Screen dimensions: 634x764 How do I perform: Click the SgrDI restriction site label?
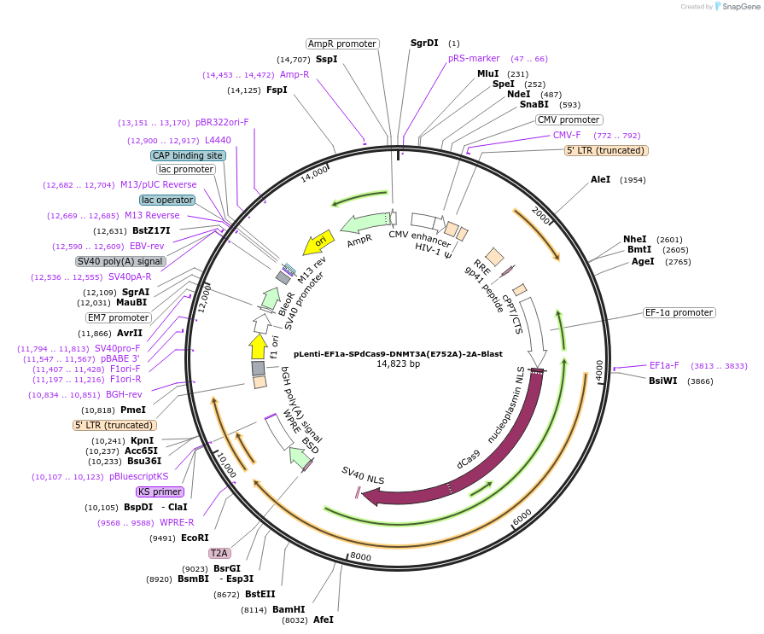tap(424, 43)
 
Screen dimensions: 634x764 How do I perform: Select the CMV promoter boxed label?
tap(569, 119)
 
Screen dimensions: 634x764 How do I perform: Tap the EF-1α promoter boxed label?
tap(679, 312)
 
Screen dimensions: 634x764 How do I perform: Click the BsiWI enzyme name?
tap(663, 381)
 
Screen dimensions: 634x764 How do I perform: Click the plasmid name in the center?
tap(398, 353)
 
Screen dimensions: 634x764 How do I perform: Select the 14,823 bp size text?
tap(399, 364)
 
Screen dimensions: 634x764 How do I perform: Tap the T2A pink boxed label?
tap(219, 553)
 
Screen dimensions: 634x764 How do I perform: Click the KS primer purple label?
tap(160, 491)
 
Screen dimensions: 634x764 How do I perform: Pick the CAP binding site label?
tap(188, 155)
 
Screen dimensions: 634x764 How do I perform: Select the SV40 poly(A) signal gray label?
tap(120, 261)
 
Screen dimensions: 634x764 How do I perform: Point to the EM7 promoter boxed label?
tap(119, 317)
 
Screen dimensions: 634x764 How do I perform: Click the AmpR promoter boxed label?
tap(342, 44)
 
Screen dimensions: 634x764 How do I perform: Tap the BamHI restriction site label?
tap(289, 609)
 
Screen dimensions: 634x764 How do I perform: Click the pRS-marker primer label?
tap(474, 58)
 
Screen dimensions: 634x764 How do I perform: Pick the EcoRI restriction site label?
tap(195, 538)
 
